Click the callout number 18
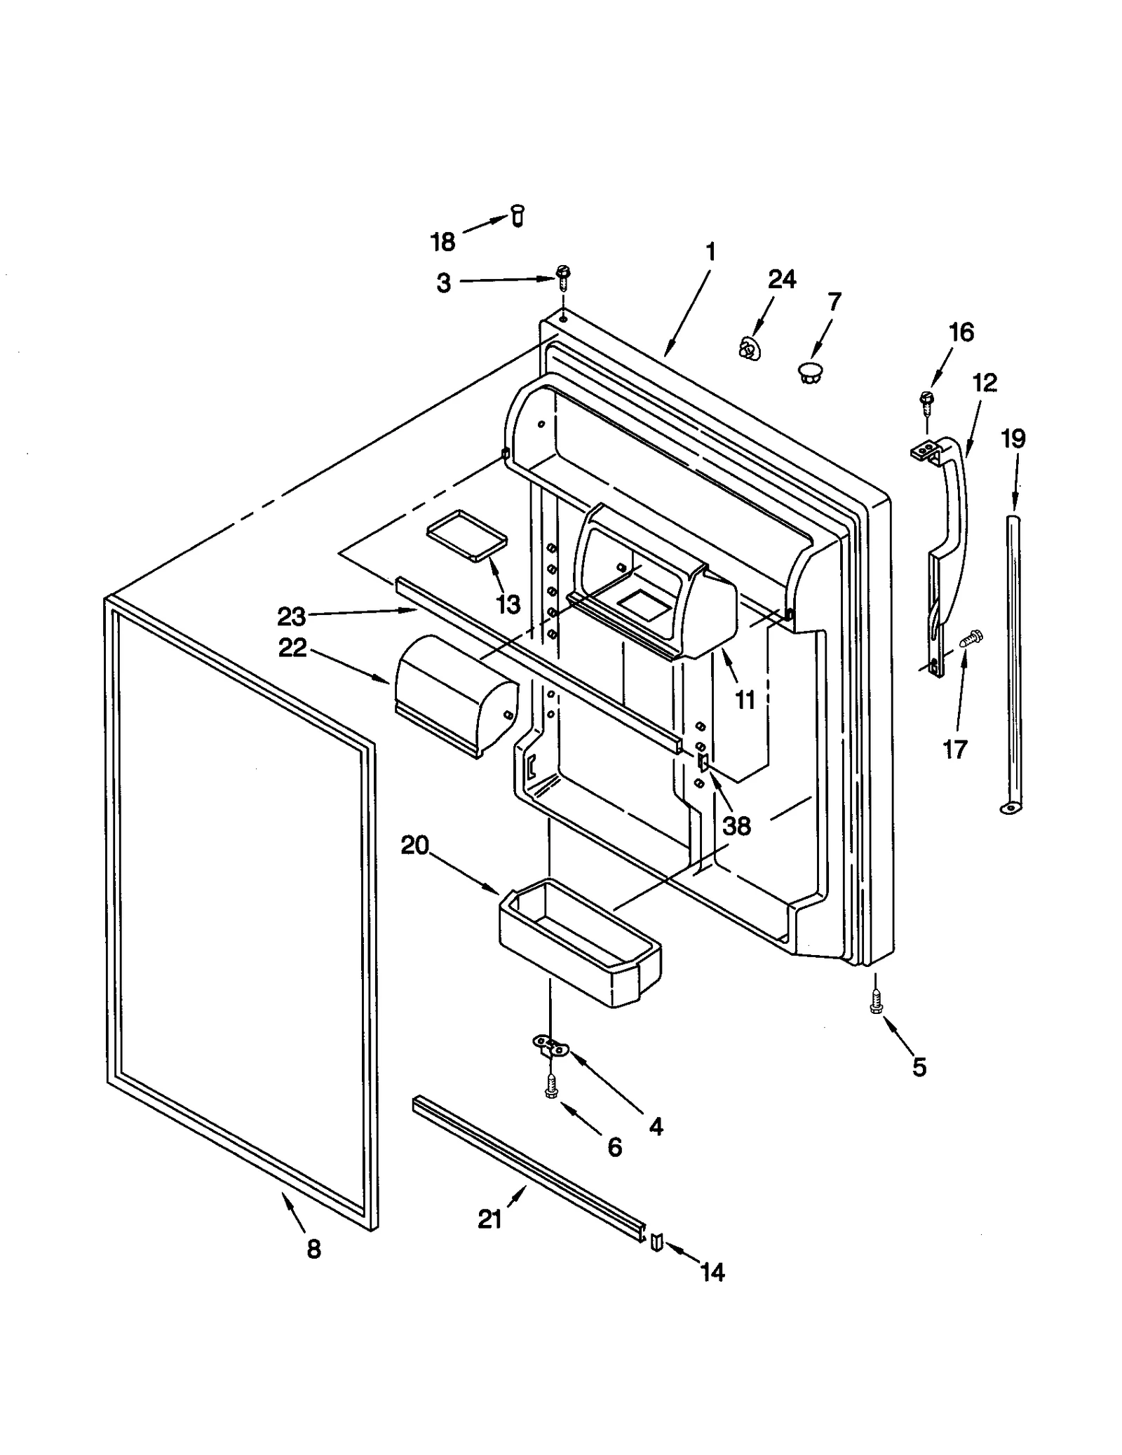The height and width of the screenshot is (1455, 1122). point(442,242)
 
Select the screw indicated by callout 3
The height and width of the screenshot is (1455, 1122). point(562,276)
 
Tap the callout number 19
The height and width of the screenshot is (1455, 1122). point(1013,439)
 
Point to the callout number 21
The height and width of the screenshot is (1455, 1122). point(489,1219)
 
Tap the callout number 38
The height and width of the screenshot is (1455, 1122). point(736,826)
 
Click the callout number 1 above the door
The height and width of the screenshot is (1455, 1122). point(710,252)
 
